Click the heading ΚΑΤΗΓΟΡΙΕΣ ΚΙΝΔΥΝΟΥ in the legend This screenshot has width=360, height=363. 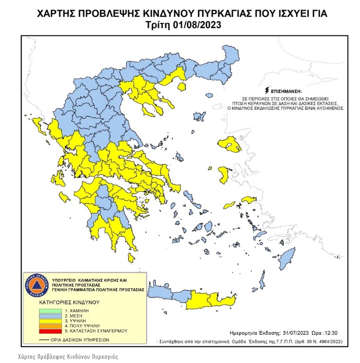tap(69, 303)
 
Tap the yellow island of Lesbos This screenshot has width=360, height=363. tap(230, 146)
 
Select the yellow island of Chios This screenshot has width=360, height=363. tap(224, 174)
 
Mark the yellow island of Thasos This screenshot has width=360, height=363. tap(182, 86)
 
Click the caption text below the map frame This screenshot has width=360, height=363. tap(68, 357)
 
